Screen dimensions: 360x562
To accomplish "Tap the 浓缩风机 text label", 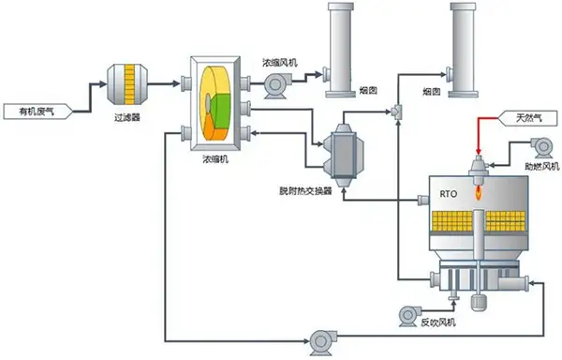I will (279, 62).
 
